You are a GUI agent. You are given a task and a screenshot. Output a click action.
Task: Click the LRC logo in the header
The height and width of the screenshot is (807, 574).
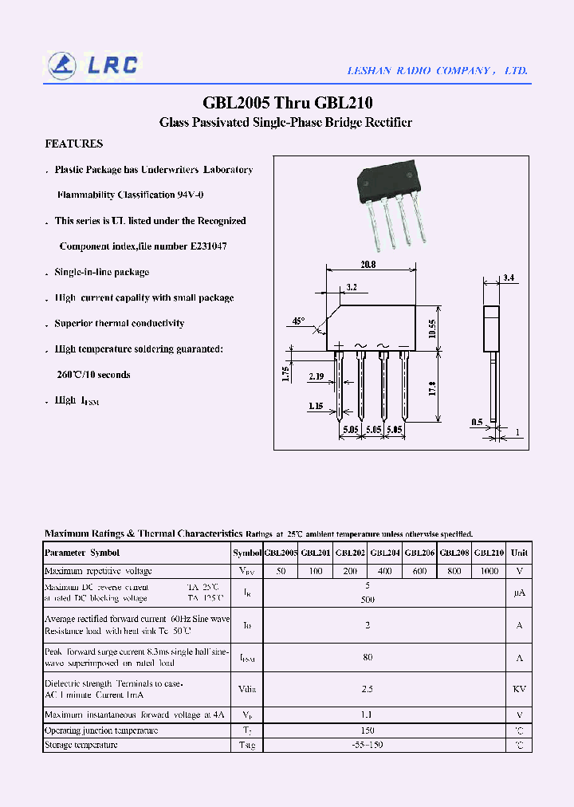tap(92, 65)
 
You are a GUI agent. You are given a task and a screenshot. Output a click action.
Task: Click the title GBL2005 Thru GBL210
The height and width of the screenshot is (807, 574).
tap(287, 103)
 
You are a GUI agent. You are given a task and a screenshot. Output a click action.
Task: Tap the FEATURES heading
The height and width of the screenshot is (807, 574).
tap(73, 144)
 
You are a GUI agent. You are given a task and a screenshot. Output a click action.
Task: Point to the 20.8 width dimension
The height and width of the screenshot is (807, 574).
tap(368, 265)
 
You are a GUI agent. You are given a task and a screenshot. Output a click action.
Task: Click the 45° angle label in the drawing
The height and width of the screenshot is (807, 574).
tap(298, 321)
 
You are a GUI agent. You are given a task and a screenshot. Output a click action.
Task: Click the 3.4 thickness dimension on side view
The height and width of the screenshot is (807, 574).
tap(509, 278)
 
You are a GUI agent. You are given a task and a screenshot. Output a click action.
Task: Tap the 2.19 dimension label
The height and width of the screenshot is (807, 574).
tap(315, 376)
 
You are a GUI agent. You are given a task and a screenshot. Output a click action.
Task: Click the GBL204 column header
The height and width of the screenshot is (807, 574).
tap(385, 553)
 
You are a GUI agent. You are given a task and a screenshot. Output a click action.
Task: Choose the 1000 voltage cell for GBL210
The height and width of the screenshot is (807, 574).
tap(489, 571)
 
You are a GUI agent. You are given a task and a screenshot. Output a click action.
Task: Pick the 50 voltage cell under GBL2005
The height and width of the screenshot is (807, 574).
tap(281, 571)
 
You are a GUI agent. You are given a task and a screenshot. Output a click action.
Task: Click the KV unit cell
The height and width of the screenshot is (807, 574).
tap(519, 689)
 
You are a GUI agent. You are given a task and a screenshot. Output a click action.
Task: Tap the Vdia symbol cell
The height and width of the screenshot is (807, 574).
tap(246, 689)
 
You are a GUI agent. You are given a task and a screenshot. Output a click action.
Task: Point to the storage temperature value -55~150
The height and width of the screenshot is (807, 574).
tap(368, 745)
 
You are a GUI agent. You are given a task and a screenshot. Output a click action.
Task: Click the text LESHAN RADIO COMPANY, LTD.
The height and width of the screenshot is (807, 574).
tap(437, 71)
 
